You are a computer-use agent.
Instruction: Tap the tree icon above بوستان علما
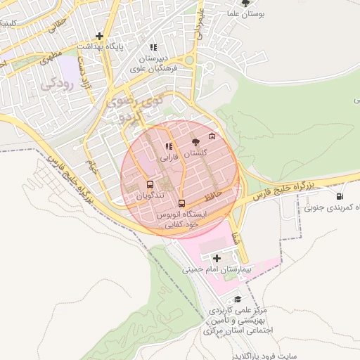[245, 3]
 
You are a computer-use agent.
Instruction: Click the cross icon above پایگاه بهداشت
[100, 36]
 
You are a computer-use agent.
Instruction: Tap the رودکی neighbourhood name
[56, 84]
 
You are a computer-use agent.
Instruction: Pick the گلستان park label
[195, 153]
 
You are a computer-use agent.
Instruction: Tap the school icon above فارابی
[168, 147]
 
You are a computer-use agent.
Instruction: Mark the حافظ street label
[217, 191]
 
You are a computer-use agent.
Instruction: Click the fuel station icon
[340, 197]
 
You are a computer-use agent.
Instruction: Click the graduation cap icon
[238, 300]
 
